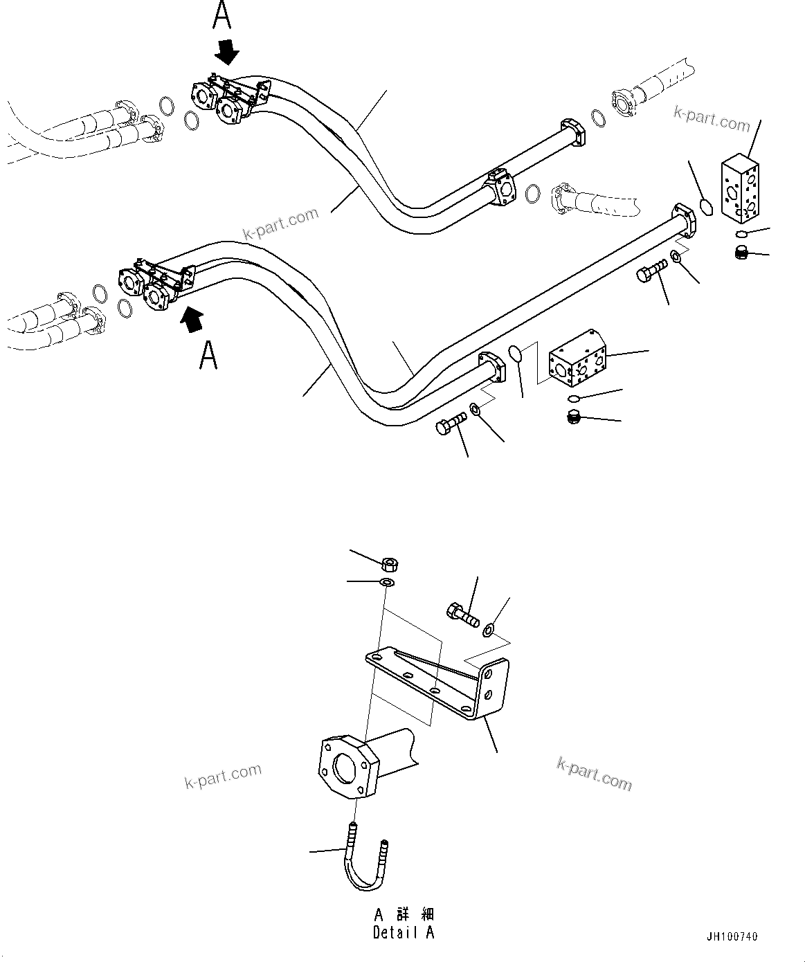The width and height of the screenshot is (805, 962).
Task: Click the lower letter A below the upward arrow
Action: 208,354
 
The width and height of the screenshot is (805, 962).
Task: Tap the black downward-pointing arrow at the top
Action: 227,51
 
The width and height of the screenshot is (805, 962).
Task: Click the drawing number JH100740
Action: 732,937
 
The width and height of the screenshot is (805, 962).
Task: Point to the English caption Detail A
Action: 404,932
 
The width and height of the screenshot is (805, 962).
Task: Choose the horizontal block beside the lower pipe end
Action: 577,359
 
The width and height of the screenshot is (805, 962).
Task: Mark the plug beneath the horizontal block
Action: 573,417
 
